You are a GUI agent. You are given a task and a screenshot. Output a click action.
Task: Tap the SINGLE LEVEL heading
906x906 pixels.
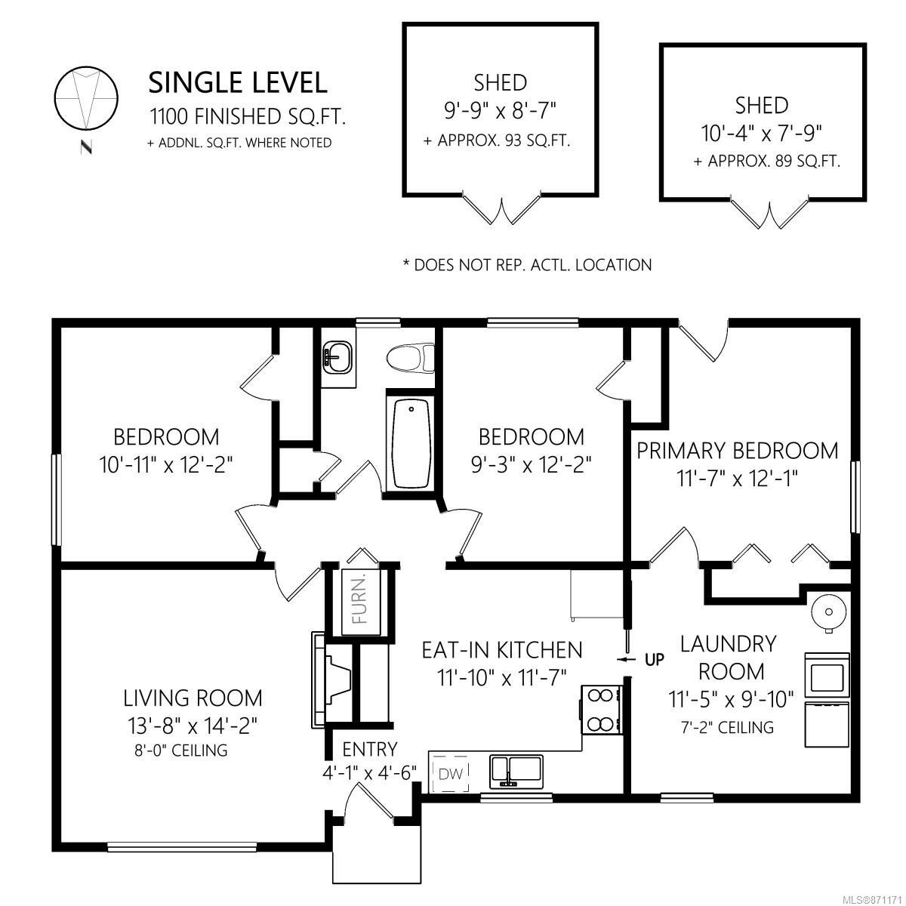coord(237,83)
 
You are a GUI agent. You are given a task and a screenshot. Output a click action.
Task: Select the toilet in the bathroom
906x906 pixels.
coord(411,359)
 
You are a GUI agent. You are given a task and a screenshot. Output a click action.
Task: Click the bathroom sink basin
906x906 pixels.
coord(337,357)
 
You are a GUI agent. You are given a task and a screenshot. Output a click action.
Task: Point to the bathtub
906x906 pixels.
coord(411,443)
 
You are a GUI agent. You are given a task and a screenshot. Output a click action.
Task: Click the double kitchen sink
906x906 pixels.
coord(516,772)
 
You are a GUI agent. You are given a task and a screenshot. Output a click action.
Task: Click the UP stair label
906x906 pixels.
coord(655,660)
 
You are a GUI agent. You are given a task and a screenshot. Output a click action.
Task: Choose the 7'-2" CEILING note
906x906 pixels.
coord(727,727)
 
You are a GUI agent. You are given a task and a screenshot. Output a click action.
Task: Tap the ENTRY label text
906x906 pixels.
coord(369,749)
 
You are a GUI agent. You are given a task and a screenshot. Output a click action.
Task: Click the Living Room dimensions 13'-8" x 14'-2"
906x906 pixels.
coord(193,726)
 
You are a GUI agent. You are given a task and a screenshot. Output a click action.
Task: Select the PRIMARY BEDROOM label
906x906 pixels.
coord(737,451)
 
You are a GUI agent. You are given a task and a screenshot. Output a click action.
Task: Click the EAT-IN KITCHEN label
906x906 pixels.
coord(502,650)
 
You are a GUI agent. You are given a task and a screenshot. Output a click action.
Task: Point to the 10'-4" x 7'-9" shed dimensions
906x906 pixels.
coord(761,134)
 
